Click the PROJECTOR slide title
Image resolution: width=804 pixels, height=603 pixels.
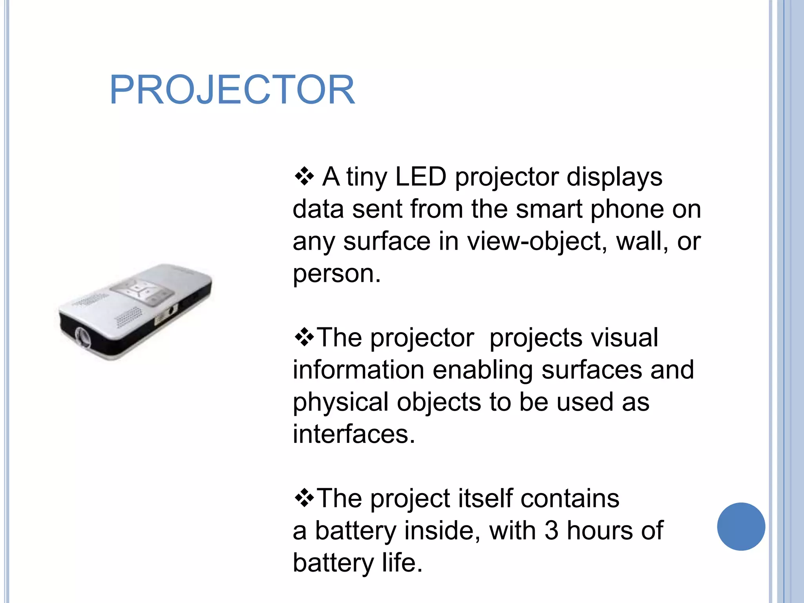coord(232,90)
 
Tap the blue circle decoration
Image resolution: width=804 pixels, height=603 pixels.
coord(741,526)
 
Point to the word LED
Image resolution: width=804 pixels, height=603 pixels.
coord(420,177)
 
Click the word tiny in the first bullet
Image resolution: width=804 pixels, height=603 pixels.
coord(366,177)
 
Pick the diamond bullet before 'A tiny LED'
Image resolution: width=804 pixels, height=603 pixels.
coord(304,176)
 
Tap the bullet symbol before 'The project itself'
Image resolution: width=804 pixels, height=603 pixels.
coord(304,498)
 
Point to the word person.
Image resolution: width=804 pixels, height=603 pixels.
coord(336,274)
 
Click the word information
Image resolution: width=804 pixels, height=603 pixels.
coord(358,370)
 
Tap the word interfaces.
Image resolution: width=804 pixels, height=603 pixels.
coord(353,434)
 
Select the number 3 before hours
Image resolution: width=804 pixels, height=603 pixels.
coord(551,530)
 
